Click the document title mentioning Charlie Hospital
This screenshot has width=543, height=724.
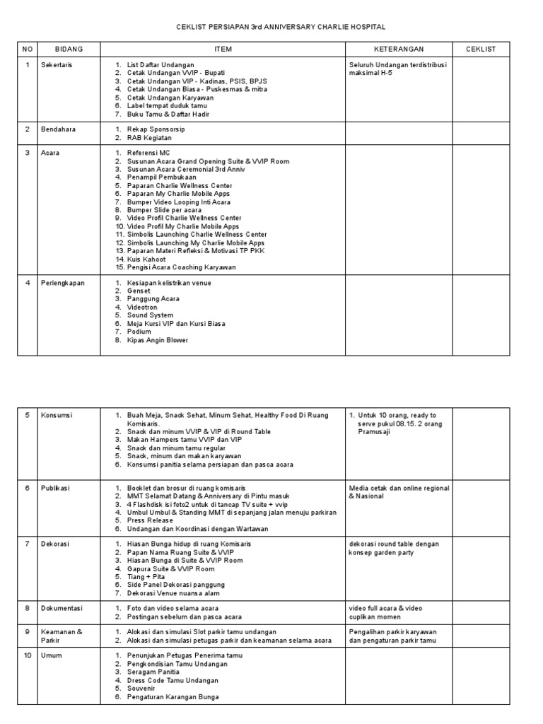tap(281, 26)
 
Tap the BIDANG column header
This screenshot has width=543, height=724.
tap(69, 49)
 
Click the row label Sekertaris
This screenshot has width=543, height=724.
tap(57, 65)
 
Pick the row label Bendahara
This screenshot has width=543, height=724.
tap(58, 129)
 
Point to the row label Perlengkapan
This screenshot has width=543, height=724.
tap(62, 283)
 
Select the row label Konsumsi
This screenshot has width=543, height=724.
tap(57, 415)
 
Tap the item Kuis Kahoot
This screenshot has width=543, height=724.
tap(146, 259)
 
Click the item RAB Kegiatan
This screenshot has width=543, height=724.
tap(150, 138)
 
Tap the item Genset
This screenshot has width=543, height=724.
tap(139, 291)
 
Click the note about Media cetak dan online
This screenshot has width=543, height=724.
tap(399, 492)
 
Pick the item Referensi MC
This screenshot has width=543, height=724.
tap(148, 153)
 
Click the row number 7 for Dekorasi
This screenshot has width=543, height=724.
tap(27, 544)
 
